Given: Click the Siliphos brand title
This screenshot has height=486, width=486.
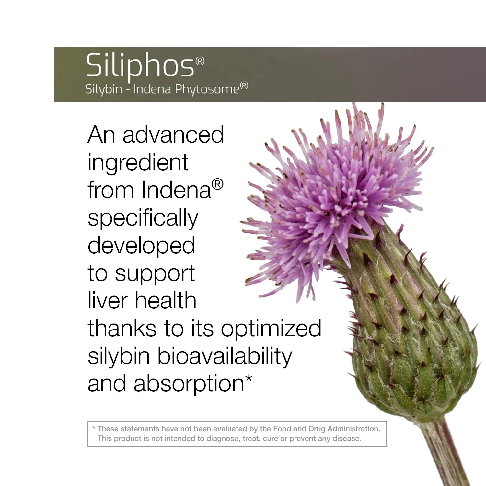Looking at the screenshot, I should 140,66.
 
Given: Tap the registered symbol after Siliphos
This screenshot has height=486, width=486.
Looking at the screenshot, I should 200,61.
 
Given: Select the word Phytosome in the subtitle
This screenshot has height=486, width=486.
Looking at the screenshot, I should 207,89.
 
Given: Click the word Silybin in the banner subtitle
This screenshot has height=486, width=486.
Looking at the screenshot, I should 104,89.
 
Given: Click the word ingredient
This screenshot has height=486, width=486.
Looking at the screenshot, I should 138,163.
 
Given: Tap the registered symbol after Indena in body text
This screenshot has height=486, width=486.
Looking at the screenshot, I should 217,184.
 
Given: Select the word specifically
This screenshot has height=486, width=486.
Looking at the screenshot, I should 143,218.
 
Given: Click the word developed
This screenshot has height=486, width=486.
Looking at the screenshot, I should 141,246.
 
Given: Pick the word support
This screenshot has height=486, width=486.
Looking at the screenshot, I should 155,274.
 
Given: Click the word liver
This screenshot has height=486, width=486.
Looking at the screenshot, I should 108,300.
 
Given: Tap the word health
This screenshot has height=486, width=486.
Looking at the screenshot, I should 166,300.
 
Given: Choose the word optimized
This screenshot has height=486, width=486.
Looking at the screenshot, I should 271,329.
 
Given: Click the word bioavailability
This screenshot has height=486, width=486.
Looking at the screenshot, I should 225,356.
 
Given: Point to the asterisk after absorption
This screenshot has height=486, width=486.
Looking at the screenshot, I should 249,378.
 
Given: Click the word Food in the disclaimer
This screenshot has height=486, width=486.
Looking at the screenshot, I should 282,429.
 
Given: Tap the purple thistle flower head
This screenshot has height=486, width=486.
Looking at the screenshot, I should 334,194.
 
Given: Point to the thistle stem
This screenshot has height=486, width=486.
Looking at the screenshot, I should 447,454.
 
